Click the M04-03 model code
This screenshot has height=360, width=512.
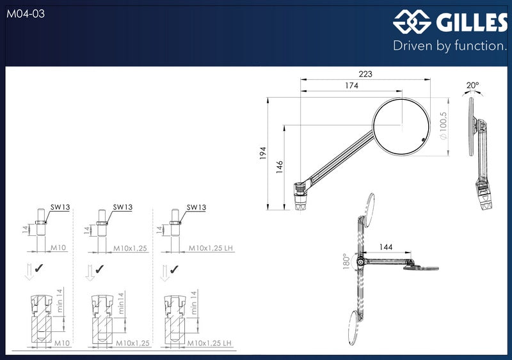[26, 13]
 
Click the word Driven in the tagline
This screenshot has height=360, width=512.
[413, 45]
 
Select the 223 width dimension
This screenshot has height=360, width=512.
[365, 74]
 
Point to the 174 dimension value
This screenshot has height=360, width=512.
[351, 86]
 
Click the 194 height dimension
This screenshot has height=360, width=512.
[263, 153]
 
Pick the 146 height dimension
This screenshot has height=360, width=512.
[280, 167]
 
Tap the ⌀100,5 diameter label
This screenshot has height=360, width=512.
[443, 126]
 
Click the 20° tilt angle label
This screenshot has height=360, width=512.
[472, 85]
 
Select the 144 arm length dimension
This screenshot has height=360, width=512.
[386, 247]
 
